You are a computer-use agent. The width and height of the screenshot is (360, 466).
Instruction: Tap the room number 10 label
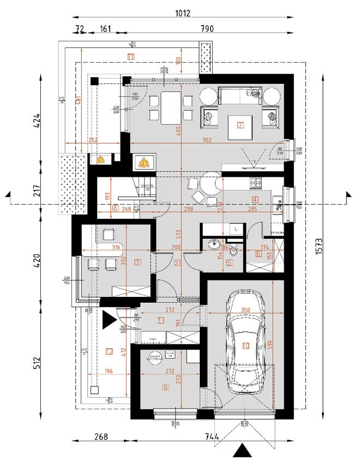(x=246, y=345)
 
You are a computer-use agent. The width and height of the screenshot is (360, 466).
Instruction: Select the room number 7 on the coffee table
(x=240, y=125)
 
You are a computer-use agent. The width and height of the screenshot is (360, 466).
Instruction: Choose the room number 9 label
(x=165, y=388)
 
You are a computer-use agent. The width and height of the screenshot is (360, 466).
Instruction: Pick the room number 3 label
(x=137, y=262)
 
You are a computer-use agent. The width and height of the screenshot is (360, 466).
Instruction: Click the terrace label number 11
(x=131, y=56)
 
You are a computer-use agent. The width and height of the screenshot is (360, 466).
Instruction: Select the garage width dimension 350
(x=245, y=310)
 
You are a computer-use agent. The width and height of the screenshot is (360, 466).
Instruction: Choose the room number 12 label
(x=109, y=351)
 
